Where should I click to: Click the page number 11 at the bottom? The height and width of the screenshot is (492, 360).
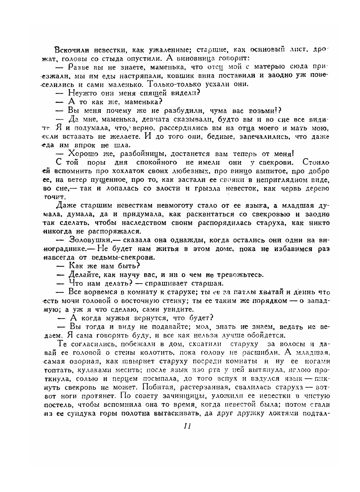187,426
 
